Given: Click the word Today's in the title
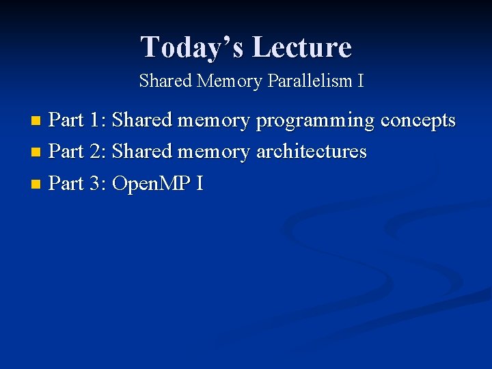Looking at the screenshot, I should pyautogui.click(x=192, y=47).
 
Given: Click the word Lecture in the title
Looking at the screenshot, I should pyautogui.click(x=301, y=47).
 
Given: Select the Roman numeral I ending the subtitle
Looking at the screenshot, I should pyautogui.click(x=360, y=81).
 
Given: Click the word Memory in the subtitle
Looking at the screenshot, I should pyautogui.click(x=229, y=81).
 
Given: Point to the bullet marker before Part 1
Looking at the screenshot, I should pyautogui.click(x=37, y=122).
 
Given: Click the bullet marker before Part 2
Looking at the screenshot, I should pyautogui.click(x=37, y=152).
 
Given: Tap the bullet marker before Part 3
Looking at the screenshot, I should pyautogui.click(x=37, y=184).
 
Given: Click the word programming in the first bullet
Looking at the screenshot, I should pyautogui.click(x=316, y=122).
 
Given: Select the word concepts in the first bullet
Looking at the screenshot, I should pyautogui.click(x=418, y=121).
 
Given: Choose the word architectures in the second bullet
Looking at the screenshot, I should pyautogui.click(x=311, y=152).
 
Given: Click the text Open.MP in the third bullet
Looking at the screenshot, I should pyautogui.click(x=151, y=184).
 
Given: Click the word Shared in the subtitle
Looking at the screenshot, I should pyautogui.click(x=166, y=81).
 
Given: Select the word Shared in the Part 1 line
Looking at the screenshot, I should pyautogui.click(x=142, y=120).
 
